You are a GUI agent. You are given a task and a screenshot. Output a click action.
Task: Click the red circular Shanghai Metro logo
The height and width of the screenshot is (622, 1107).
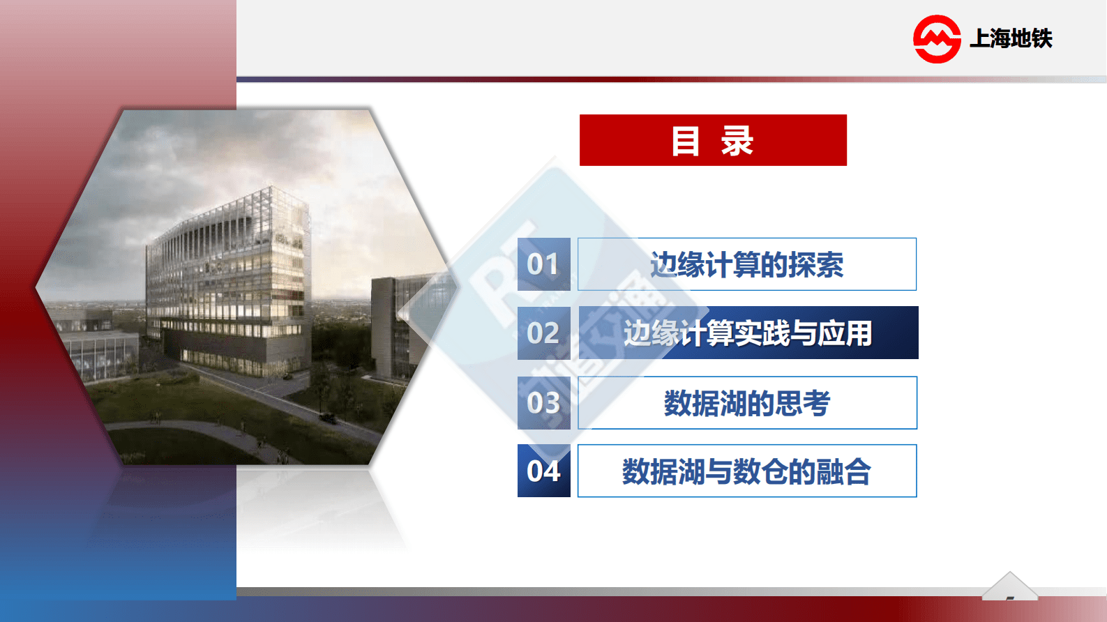coord(937,39)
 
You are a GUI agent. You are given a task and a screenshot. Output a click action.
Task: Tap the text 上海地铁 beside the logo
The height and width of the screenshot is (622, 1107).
coord(1011,38)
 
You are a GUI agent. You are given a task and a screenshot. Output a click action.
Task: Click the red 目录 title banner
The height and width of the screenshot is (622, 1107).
coord(713,140)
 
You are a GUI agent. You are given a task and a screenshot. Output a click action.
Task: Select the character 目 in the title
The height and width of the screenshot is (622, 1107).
coord(685,141)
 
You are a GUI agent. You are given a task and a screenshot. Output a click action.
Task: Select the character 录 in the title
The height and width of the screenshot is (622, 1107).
coord(737,141)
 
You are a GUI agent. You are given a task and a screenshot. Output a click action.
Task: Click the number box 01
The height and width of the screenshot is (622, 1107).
coord(543,264)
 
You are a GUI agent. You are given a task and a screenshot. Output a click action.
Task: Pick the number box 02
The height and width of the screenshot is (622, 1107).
coord(543,333)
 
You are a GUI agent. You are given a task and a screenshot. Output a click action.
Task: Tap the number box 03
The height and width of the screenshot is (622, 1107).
coord(543,403)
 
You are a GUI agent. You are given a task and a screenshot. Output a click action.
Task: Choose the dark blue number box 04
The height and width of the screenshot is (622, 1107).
coord(543,471)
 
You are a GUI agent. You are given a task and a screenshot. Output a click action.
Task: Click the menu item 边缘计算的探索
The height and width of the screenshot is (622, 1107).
coord(746,264)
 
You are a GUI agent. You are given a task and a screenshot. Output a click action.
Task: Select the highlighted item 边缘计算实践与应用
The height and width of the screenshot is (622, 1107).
coord(748,333)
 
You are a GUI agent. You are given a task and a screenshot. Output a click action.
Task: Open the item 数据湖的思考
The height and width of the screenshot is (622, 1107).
coord(746,403)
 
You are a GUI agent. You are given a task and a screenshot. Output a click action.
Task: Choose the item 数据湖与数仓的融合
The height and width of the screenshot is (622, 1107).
coord(746,471)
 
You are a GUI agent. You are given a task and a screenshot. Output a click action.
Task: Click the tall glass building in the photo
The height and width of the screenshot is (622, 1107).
coord(230,279)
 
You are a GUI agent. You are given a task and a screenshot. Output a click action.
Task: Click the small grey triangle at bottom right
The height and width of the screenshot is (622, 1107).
coord(1009,587)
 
